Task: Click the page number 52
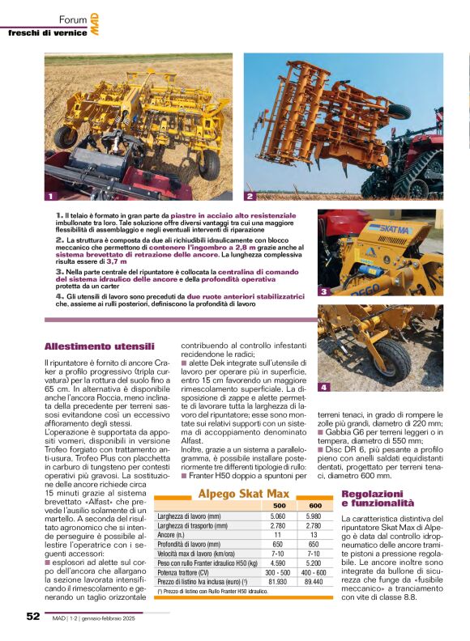pyautogui.click(x=33, y=616)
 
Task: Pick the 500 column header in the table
pyautogui.click(x=278, y=505)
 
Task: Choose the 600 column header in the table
pyautogui.click(x=315, y=505)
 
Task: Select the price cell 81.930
pyautogui.click(x=278, y=581)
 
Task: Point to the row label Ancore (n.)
pyautogui.click(x=174, y=535)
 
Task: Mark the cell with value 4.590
pyautogui.click(x=278, y=562)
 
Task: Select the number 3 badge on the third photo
pyautogui.click(x=323, y=291)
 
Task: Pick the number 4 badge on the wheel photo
pyautogui.click(x=323, y=388)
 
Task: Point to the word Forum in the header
pyautogui.click(x=73, y=20)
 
